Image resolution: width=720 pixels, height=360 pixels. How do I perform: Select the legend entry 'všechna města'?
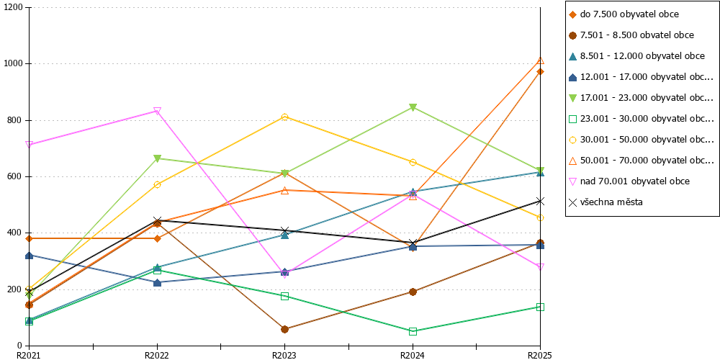coord(606,202)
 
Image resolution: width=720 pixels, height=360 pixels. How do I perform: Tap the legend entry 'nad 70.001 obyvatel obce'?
coord(629,181)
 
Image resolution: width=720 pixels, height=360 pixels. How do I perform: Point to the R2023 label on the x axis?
coord(284,355)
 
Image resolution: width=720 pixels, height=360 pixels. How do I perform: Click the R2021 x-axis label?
coord(29,355)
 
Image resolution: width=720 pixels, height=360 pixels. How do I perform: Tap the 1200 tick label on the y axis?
coord(13,8)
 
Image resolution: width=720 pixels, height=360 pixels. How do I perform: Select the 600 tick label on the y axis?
coord(16,177)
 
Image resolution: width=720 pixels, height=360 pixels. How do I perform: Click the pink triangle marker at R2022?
coord(157,111)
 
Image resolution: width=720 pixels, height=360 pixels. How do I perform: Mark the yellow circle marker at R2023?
coord(284,117)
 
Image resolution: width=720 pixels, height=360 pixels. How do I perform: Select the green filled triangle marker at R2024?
coord(413,107)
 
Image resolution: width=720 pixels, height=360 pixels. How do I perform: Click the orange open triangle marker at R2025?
coord(541,60)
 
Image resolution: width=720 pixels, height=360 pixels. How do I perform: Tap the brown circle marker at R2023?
coord(284,329)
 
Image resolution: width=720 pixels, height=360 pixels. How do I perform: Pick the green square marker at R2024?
coord(413,331)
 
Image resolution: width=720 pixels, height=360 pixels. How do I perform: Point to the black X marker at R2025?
coord(541,201)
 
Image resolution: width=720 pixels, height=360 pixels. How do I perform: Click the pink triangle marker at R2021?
coord(29,144)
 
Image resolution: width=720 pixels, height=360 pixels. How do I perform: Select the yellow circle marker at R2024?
coord(413,162)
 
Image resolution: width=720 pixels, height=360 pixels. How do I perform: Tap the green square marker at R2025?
coord(541,307)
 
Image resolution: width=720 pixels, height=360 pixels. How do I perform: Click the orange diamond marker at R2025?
coord(541,71)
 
